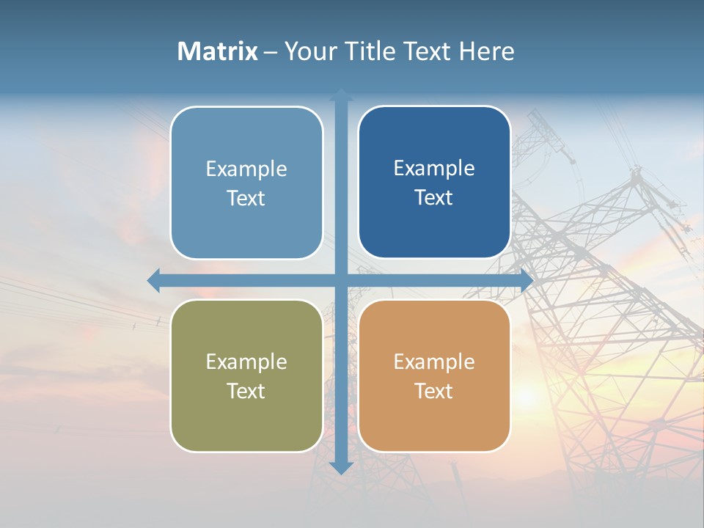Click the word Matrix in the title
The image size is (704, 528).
coord(217,51)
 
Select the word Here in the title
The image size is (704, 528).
coord(487,51)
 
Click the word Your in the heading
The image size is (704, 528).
coord(311,51)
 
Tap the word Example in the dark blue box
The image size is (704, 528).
coord(434,169)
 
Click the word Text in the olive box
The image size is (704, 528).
coord(246,391)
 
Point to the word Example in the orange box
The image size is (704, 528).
coord(434,362)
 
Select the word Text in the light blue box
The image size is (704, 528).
coord(246,198)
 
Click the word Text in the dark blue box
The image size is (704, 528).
coord(434,197)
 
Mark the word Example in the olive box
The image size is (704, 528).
coord(246,362)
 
